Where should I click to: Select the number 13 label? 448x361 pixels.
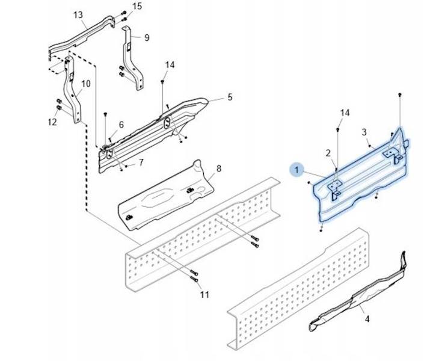click(78, 14)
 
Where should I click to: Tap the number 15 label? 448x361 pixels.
click(138, 7)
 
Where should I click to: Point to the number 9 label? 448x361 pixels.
click(147, 37)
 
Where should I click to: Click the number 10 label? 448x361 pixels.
click(86, 84)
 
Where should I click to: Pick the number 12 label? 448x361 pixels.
click(52, 122)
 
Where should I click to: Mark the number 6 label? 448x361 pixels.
click(121, 125)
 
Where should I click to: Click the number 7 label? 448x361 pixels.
click(141, 162)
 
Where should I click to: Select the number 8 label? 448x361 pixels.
click(218, 169)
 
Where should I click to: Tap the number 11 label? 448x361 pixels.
click(205, 294)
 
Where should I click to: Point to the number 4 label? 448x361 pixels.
click(367, 319)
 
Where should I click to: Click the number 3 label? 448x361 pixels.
click(364, 132)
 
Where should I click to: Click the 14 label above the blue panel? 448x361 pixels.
click(345, 113)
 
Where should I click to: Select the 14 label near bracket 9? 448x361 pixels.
click(170, 65)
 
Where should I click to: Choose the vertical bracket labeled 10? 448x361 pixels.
click(75, 96)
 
